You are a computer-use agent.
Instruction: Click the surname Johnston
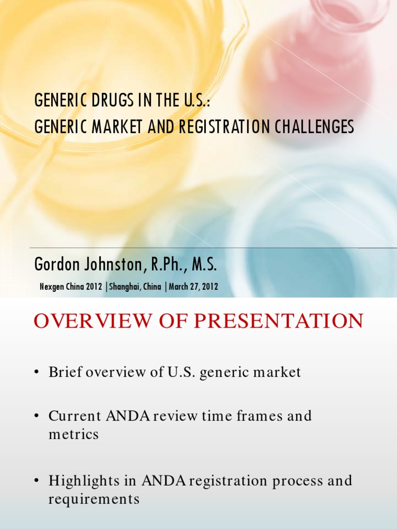pyautogui.click(x=110, y=265)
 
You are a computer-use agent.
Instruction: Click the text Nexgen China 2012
pyautogui.click(x=71, y=287)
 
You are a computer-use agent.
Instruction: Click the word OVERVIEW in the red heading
pyautogui.click(x=85, y=321)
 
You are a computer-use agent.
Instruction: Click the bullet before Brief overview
pyautogui.click(x=38, y=373)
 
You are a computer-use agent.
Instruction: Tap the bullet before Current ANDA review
pyautogui.click(x=38, y=416)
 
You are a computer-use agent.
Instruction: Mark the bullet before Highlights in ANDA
pyautogui.click(x=38, y=481)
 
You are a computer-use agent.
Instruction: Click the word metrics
pyautogui.click(x=73, y=434)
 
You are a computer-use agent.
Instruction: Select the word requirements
pyautogui.click(x=94, y=499)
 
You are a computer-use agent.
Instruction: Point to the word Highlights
pyautogui.click(x=83, y=481)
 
